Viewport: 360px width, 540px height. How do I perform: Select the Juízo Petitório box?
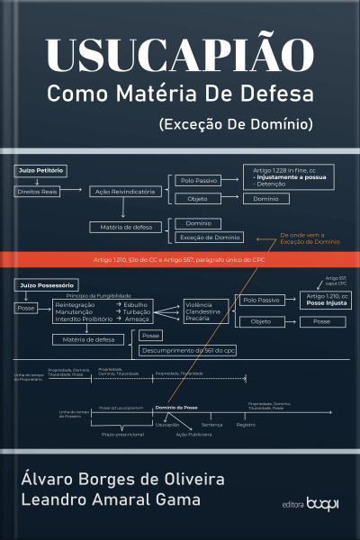click(40, 170)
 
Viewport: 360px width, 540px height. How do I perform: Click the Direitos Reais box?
click(39, 192)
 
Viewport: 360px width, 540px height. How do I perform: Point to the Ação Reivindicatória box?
click(123, 192)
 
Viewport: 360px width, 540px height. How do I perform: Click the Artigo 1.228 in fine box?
click(284, 176)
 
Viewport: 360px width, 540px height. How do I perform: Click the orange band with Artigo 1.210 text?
click(180, 259)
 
